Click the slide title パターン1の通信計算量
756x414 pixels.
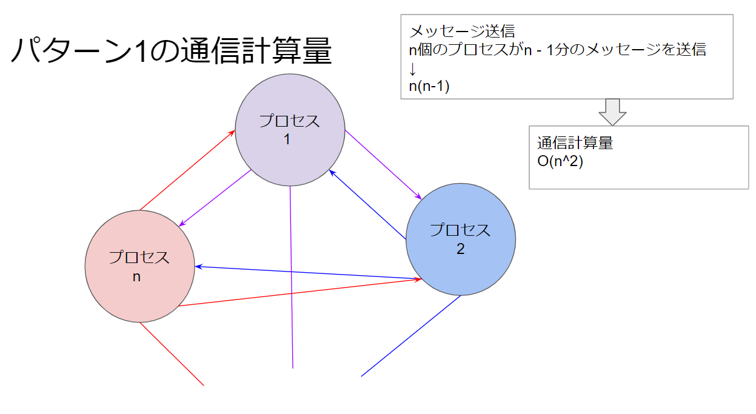pos(171,51)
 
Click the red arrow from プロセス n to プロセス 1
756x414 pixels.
pos(187,170)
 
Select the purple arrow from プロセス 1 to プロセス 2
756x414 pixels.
pos(383,164)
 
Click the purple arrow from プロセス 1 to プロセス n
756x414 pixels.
pos(215,198)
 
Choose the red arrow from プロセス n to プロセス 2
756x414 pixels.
pos(300,292)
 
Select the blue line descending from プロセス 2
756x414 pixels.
pos(411,336)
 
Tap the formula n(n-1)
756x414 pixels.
pos(429,86)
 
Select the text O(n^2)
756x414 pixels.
pos(560,162)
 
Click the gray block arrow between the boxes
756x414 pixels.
pos(611,112)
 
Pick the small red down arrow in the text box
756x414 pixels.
pos(413,68)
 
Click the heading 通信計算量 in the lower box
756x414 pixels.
pos(575,144)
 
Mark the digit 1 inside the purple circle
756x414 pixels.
pos(287,139)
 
